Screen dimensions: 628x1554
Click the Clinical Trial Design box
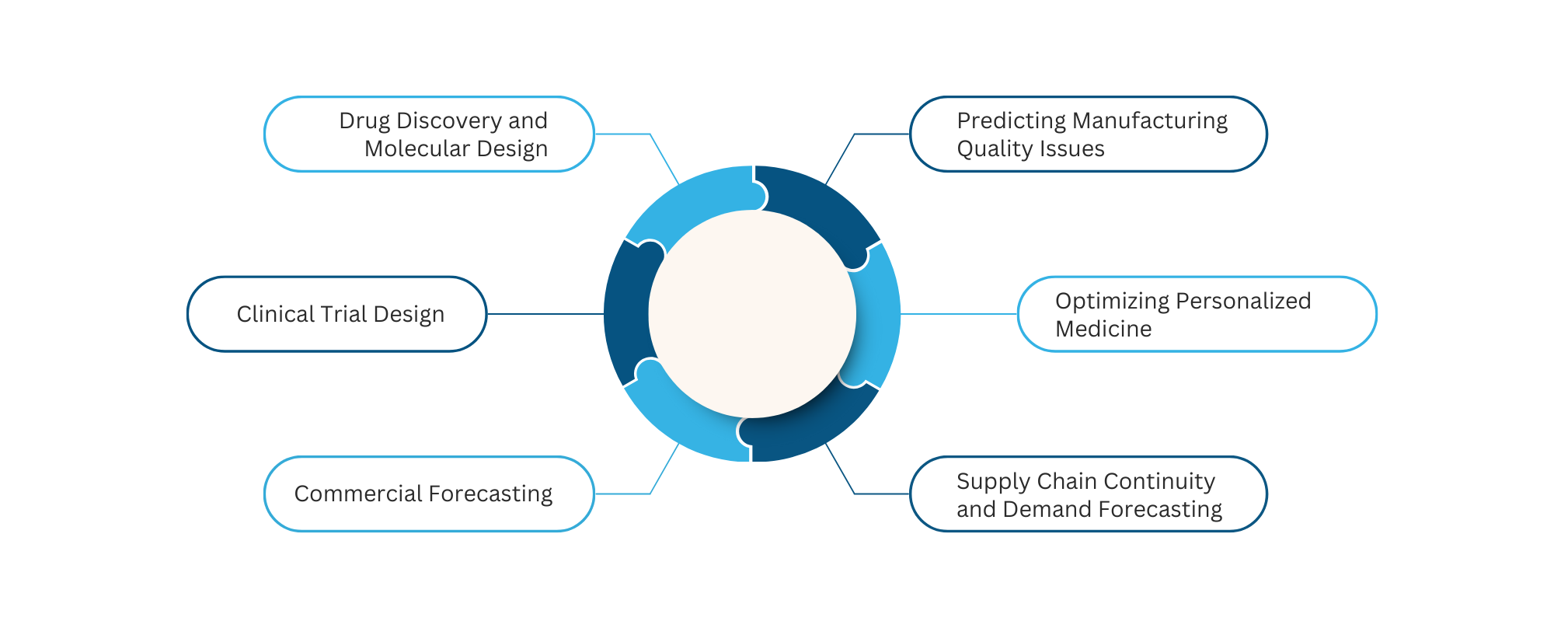click(336, 314)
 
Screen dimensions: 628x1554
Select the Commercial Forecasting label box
click(429, 494)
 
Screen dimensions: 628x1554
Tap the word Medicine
click(1103, 329)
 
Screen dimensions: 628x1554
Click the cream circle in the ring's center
click(752, 314)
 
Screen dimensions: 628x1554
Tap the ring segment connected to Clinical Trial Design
click(625, 314)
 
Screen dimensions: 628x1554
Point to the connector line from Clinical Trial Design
click(544, 314)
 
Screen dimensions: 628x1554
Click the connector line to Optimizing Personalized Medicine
click(960, 314)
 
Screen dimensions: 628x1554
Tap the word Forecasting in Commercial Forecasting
click(490, 494)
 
